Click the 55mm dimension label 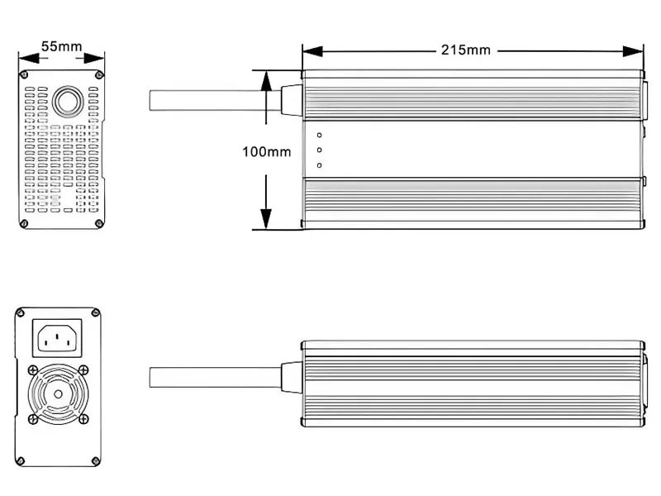point(61,46)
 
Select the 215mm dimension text point(465,50)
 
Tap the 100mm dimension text point(266,151)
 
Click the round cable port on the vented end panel point(66,103)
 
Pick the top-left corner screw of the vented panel point(26,75)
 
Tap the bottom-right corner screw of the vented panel point(98,222)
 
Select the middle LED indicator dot point(319,150)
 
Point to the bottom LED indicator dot point(319,165)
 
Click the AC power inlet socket point(57,337)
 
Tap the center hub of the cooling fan point(57,394)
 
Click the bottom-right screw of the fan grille point(83,419)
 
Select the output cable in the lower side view point(215,378)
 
